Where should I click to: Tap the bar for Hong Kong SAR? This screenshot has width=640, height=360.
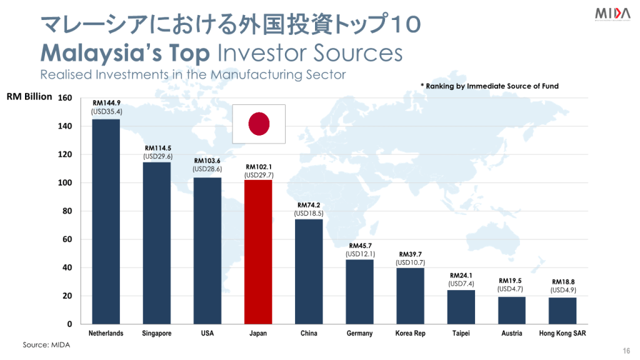[x=562, y=311]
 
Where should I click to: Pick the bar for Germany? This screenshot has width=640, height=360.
[x=359, y=291]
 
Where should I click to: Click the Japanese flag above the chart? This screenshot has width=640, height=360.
[x=259, y=123]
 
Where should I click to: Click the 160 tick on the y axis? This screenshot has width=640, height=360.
[x=65, y=98]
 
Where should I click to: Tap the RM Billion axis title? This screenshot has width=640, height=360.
[x=29, y=97]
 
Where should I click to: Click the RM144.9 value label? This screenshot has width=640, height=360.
[x=106, y=103]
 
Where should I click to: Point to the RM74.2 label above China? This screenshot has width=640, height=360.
[x=309, y=205]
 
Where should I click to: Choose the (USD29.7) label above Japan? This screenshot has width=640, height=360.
[x=258, y=176]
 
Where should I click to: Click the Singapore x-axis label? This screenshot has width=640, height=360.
[x=157, y=334]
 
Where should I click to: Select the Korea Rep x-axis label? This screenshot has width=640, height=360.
[x=410, y=334]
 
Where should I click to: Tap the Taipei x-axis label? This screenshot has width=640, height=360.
[x=461, y=334]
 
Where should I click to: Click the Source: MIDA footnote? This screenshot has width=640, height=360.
[x=46, y=345]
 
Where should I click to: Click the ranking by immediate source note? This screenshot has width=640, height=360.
[x=489, y=86]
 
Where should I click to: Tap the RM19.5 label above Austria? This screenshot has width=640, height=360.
[x=511, y=281]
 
